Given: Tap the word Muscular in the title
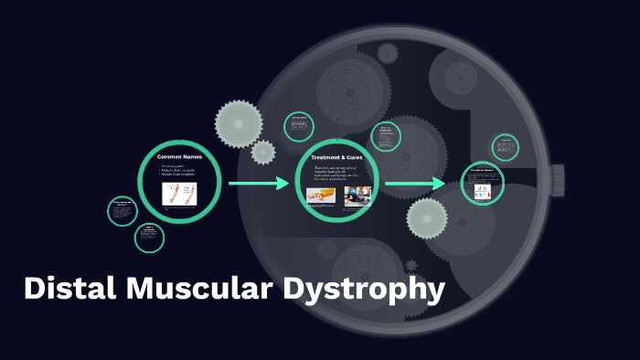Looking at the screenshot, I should click(x=193, y=290).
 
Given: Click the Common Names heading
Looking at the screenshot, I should click(x=179, y=157).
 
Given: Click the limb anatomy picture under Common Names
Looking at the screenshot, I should click(x=179, y=194).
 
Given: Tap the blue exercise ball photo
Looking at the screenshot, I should click(x=357, y=196).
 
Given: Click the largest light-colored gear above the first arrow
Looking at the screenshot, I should click(x=239, y=122).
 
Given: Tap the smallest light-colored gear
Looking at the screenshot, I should click(x=263, y=153).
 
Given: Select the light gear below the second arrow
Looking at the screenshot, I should click(x=427, y=217).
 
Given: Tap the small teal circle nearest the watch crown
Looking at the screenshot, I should click(x=505, y=147).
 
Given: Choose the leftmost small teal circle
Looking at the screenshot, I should click(x=122, y=209).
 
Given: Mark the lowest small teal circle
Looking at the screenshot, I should click(x=149, y=238).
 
